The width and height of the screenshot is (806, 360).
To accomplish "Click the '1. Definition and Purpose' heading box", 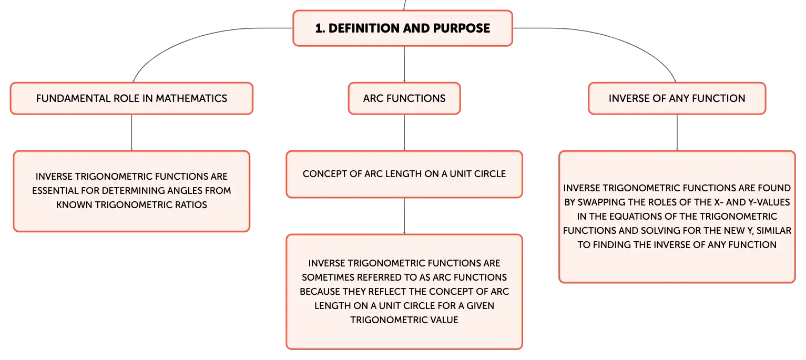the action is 403,28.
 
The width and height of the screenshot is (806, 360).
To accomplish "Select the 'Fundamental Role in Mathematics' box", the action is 131,98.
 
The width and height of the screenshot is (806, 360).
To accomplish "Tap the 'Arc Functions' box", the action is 404,98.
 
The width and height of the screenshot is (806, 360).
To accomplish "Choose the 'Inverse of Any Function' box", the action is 677,98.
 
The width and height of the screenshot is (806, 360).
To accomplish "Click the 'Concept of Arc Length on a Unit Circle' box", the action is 404,174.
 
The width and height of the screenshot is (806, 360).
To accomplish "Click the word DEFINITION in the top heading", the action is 363,28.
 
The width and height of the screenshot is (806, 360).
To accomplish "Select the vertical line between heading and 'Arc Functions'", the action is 404,64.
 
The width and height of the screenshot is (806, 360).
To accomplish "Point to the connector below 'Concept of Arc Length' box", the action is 404,216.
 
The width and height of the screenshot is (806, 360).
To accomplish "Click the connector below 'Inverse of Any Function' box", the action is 677,132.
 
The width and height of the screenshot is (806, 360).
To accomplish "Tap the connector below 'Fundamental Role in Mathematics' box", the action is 131,132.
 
